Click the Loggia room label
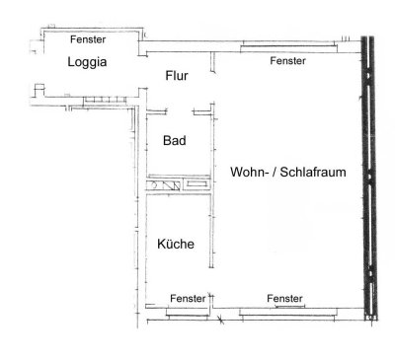tap(87, 61)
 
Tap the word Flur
tap(176, 75)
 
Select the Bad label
tap(174, 140)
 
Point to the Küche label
tap(175, 244)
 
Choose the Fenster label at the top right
tap(287, 61)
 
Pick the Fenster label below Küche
tap(188, 298)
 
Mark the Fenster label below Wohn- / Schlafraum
tap(284, 298)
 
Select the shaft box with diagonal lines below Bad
tap(165, 184)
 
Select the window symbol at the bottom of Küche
tap(188, 311)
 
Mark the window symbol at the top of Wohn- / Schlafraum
tap(286, 46)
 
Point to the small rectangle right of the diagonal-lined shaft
tap(196, 184)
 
